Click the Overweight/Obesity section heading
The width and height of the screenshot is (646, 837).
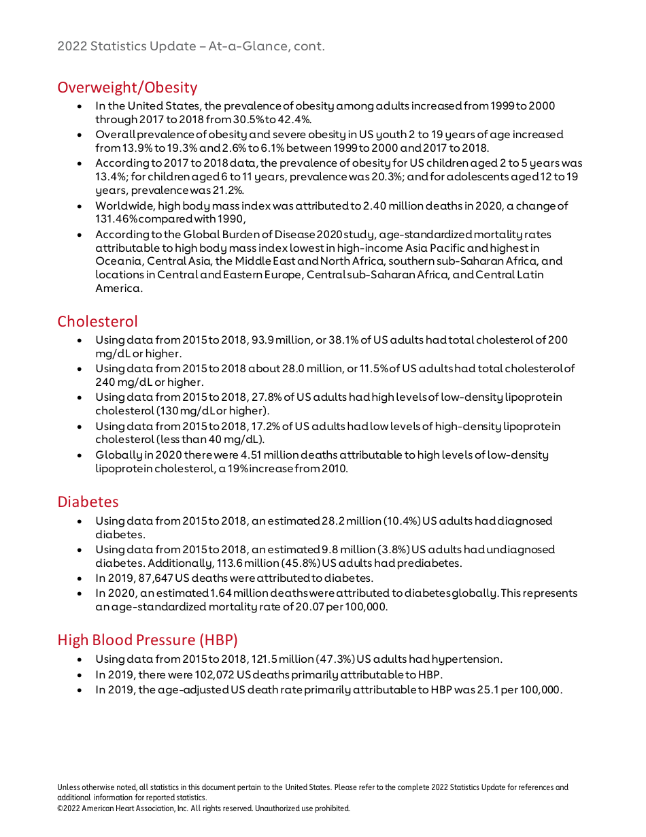coord(127,88)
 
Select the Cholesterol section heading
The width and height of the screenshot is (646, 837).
coord(97,321)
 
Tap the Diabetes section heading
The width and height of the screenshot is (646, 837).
coord(88,502)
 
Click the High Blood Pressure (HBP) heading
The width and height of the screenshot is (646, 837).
coord(148,640)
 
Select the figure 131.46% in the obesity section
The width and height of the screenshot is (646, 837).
coord(118,219)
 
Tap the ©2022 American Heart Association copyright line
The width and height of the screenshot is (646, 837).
coord(203,808)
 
